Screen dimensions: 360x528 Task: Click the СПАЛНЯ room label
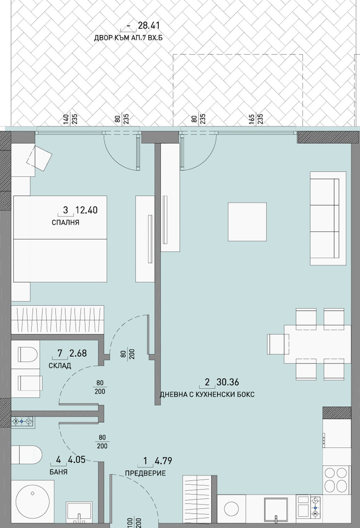tap(65, 222)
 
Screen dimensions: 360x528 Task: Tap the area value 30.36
tap(228, 382)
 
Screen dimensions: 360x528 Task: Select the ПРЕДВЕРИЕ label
tap(145, 473)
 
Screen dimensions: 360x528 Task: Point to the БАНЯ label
tap(58, 472)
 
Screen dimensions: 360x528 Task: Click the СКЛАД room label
tap(60, 366)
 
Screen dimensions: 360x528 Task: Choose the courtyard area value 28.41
tap(149, 25)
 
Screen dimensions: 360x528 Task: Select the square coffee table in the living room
tap(247, 222)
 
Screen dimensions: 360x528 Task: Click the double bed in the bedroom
tap(60, 239)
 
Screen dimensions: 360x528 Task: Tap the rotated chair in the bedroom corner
tap(39, 158)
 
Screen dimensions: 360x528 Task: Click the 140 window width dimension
tap(66, 119)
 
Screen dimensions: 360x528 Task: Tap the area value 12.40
tap(86, 210)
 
